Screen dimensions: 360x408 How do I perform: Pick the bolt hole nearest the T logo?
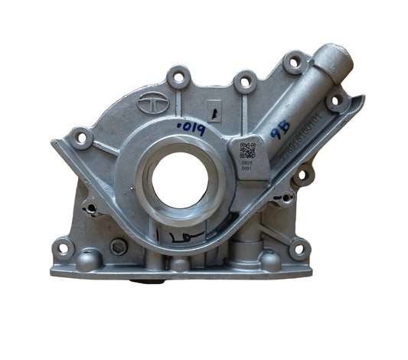coord(180,77)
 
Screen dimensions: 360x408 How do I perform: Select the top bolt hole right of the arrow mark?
coord(245,80)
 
